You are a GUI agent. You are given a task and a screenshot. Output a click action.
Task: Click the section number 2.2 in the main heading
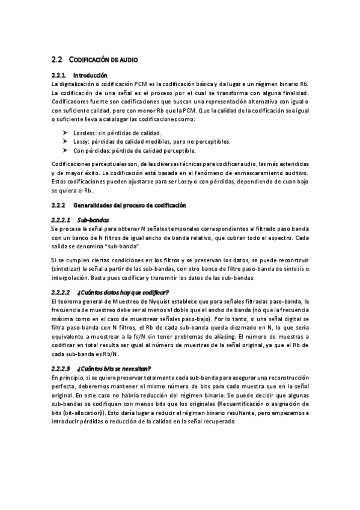[x=57, y=60]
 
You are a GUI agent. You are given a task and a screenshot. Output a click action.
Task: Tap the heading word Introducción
[x=90, y=76]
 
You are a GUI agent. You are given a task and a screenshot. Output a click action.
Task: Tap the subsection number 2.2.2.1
[x=62, y=220]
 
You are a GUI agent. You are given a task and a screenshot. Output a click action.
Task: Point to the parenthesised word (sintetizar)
[x=67, y=269]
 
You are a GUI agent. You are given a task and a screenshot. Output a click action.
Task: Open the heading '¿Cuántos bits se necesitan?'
[x=114, y=369]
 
